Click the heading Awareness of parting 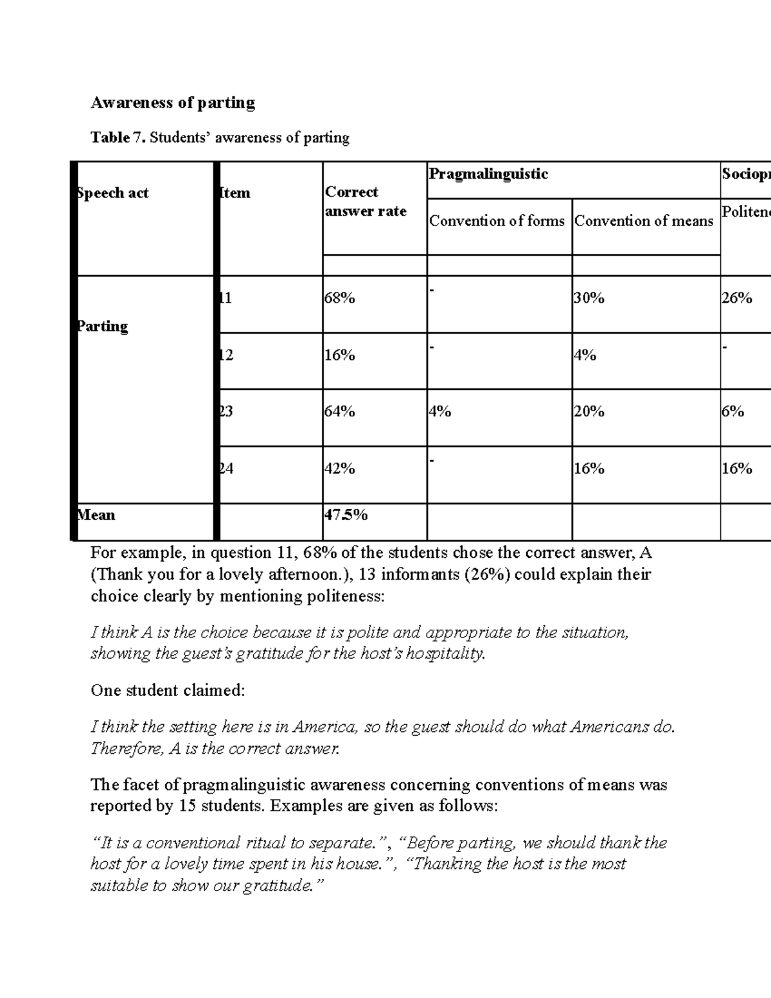click(x=172, y=103)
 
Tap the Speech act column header click(x=113, y=193)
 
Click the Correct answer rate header click(x=365, y=202)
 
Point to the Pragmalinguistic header click(x=488, y=174)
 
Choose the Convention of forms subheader click(x=497, y=221)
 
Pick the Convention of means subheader click(x=644, y=221)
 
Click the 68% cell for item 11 click(x=340, y=298)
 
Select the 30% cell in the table click(x=589, y=298)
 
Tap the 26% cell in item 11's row click(x=736, y=298)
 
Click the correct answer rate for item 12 click(x=340, y=355)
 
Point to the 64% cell click(x=340, y=411)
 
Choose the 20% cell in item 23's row click(x=589, y=411)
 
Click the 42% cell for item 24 click(x=340, y=469)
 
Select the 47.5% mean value click(x=346, y=515)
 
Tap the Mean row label click(x=96, y=515)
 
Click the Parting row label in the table click(x=103, y=326)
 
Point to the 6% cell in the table click(x=732, y=411)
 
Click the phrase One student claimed click(x=168, y=691)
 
